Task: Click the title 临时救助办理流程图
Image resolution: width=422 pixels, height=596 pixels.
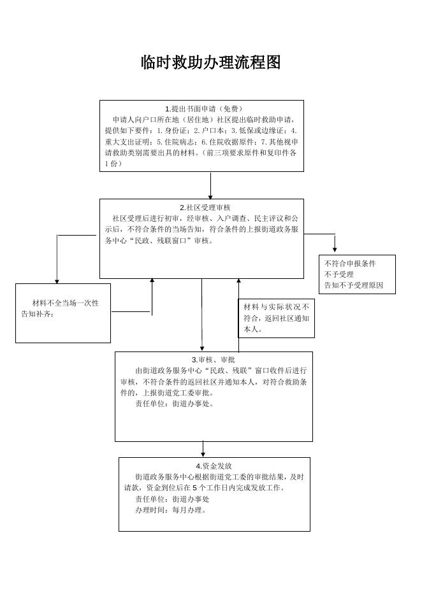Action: pos(210,62)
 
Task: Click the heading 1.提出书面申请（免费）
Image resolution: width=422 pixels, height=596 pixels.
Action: pos(202,109)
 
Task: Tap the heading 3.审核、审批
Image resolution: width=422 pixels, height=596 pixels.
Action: pos(214,360)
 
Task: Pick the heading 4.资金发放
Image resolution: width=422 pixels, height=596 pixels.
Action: pos(214,466)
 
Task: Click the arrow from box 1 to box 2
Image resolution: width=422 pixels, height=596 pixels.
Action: pos(210,185)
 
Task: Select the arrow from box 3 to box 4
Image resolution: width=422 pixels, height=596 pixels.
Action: pos(203,449)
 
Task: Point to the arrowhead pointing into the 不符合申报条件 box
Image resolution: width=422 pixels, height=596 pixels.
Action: pos(335,248)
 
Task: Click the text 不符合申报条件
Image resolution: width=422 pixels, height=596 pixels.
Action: pos(350,264)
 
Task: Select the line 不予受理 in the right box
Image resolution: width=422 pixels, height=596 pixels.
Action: pos(339,274)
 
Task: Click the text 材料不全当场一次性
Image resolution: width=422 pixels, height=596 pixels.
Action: pos(66,303)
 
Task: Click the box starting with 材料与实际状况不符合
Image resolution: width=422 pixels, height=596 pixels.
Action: pos(276,318)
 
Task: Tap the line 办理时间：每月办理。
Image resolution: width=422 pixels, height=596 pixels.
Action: pos(171,510)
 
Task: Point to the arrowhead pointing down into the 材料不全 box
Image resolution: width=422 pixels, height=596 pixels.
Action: pos(57,280)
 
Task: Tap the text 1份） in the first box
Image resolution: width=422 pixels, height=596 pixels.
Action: pos(113,164)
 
